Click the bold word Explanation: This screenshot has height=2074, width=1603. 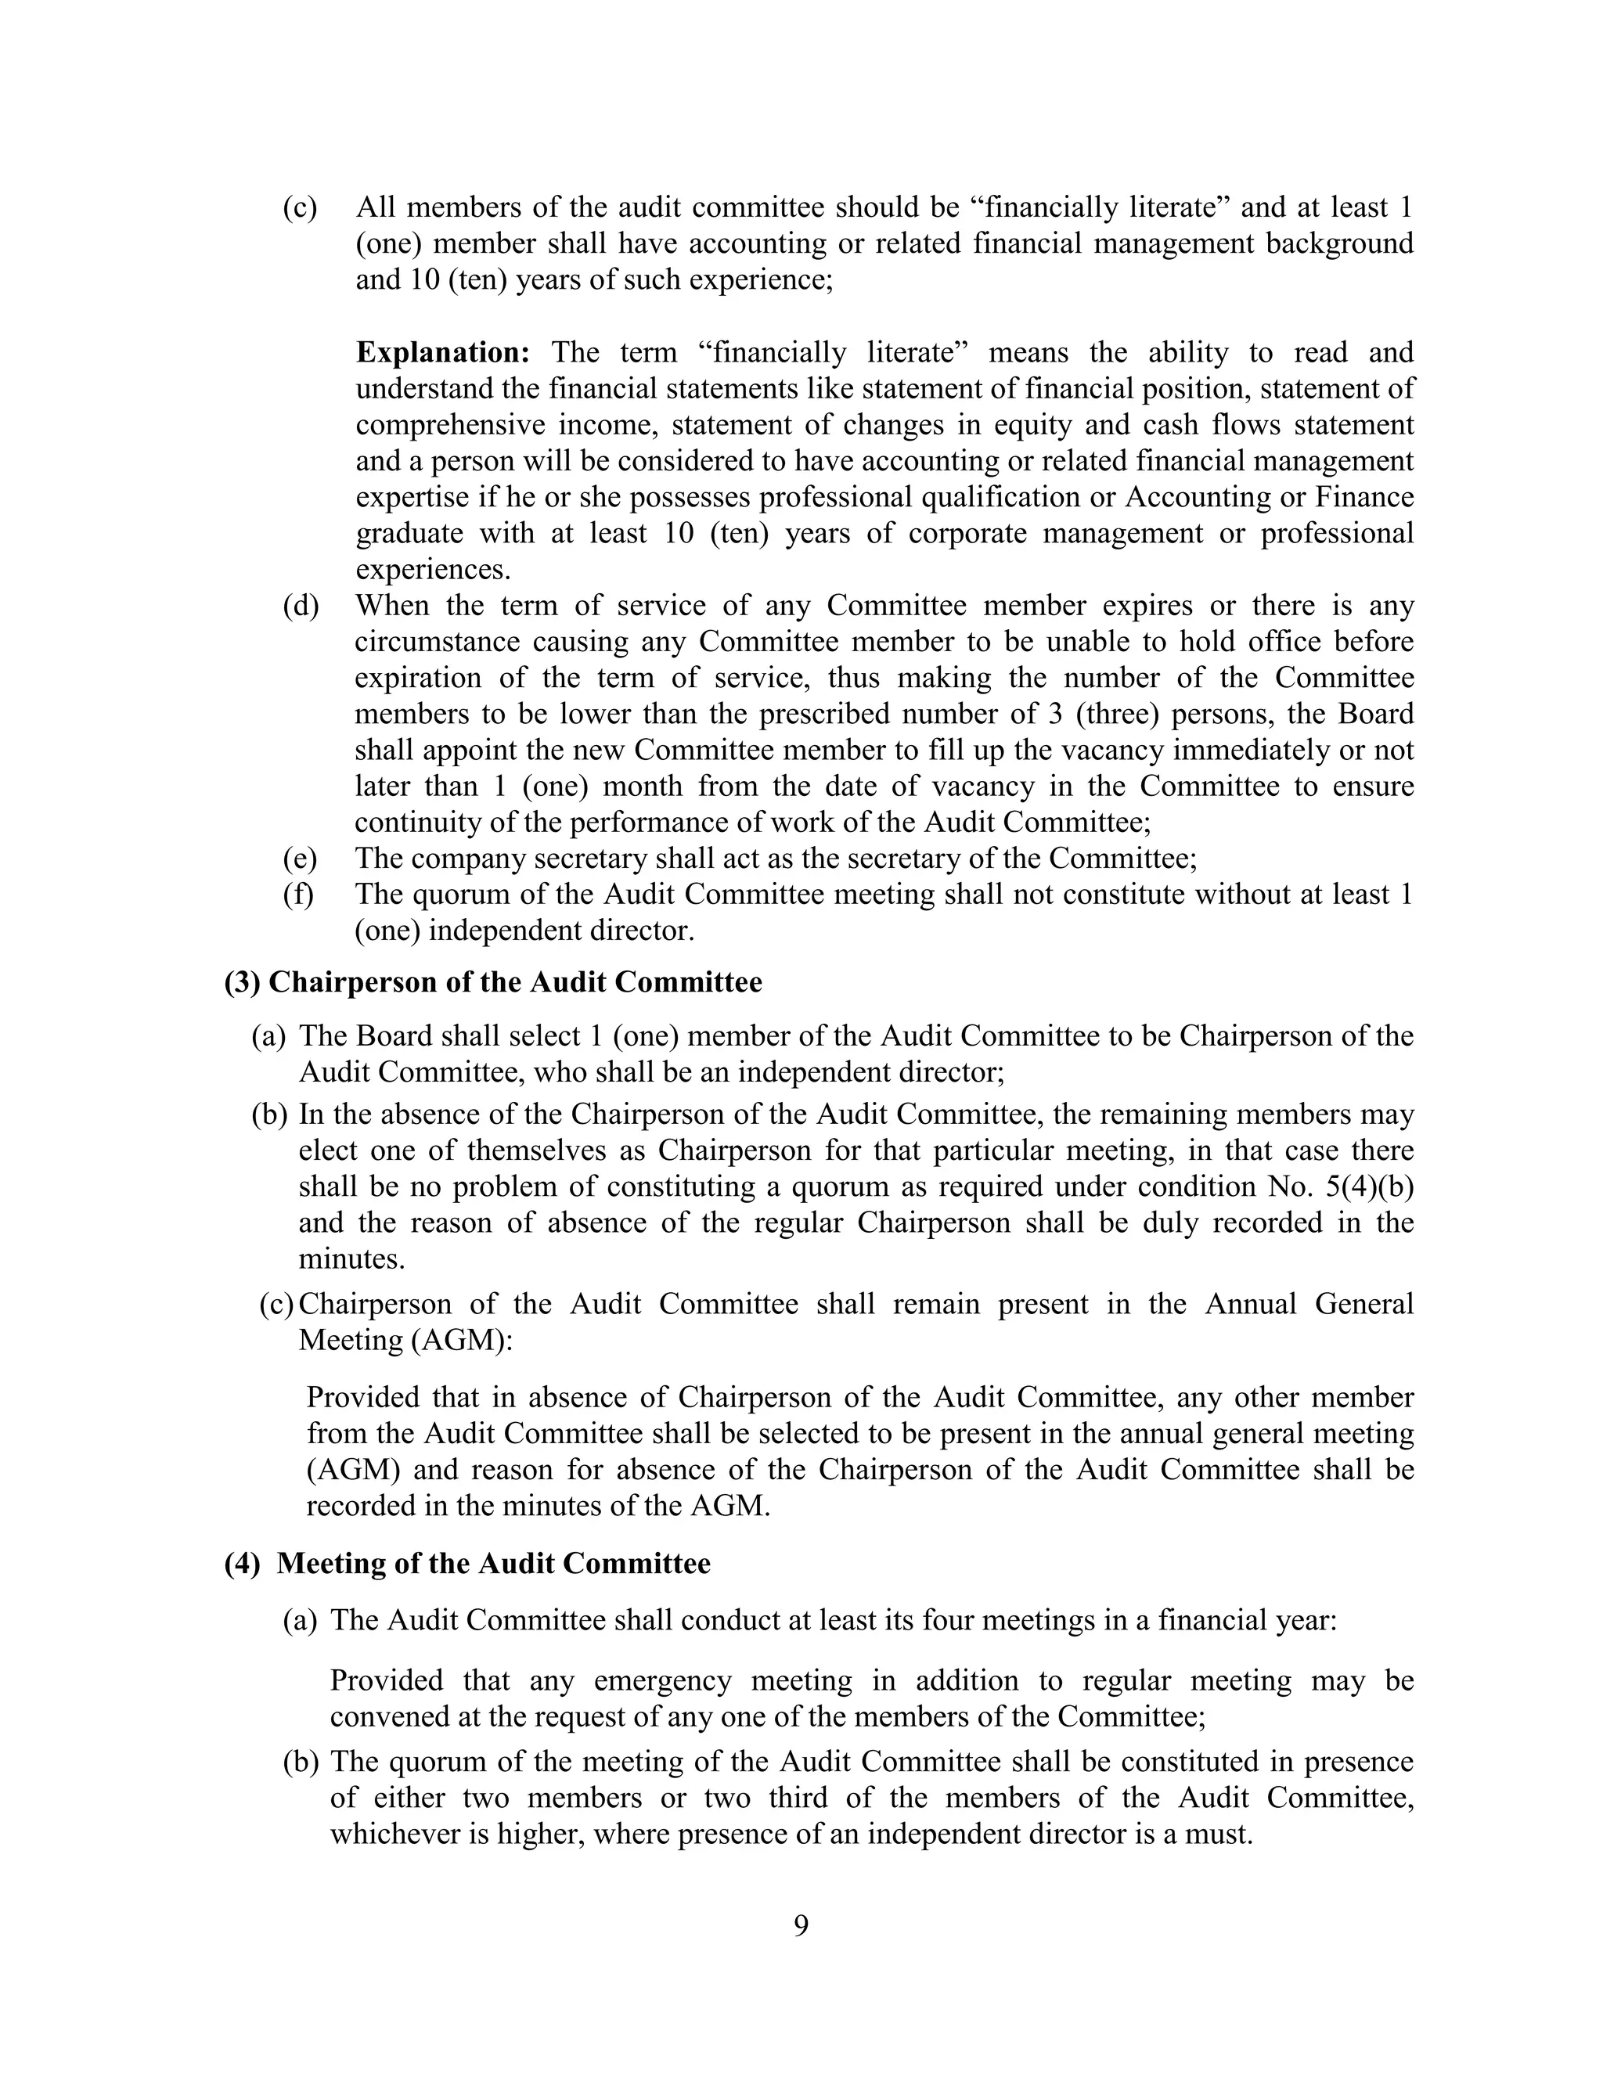(442, 352)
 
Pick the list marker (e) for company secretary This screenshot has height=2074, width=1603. (300, 859)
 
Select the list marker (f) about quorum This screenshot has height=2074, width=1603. (298, 895)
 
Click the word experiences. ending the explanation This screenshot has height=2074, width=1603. (432, 570)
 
